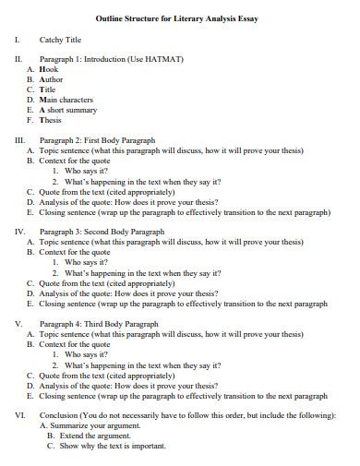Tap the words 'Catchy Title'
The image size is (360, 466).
[x=61, y=40]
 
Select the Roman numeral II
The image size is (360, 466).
[x=18, y=59]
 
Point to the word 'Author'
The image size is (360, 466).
[x=51, y=79]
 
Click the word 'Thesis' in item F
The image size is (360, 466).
[x=51, y=120]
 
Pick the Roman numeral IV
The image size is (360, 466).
[x=19, y=232]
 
